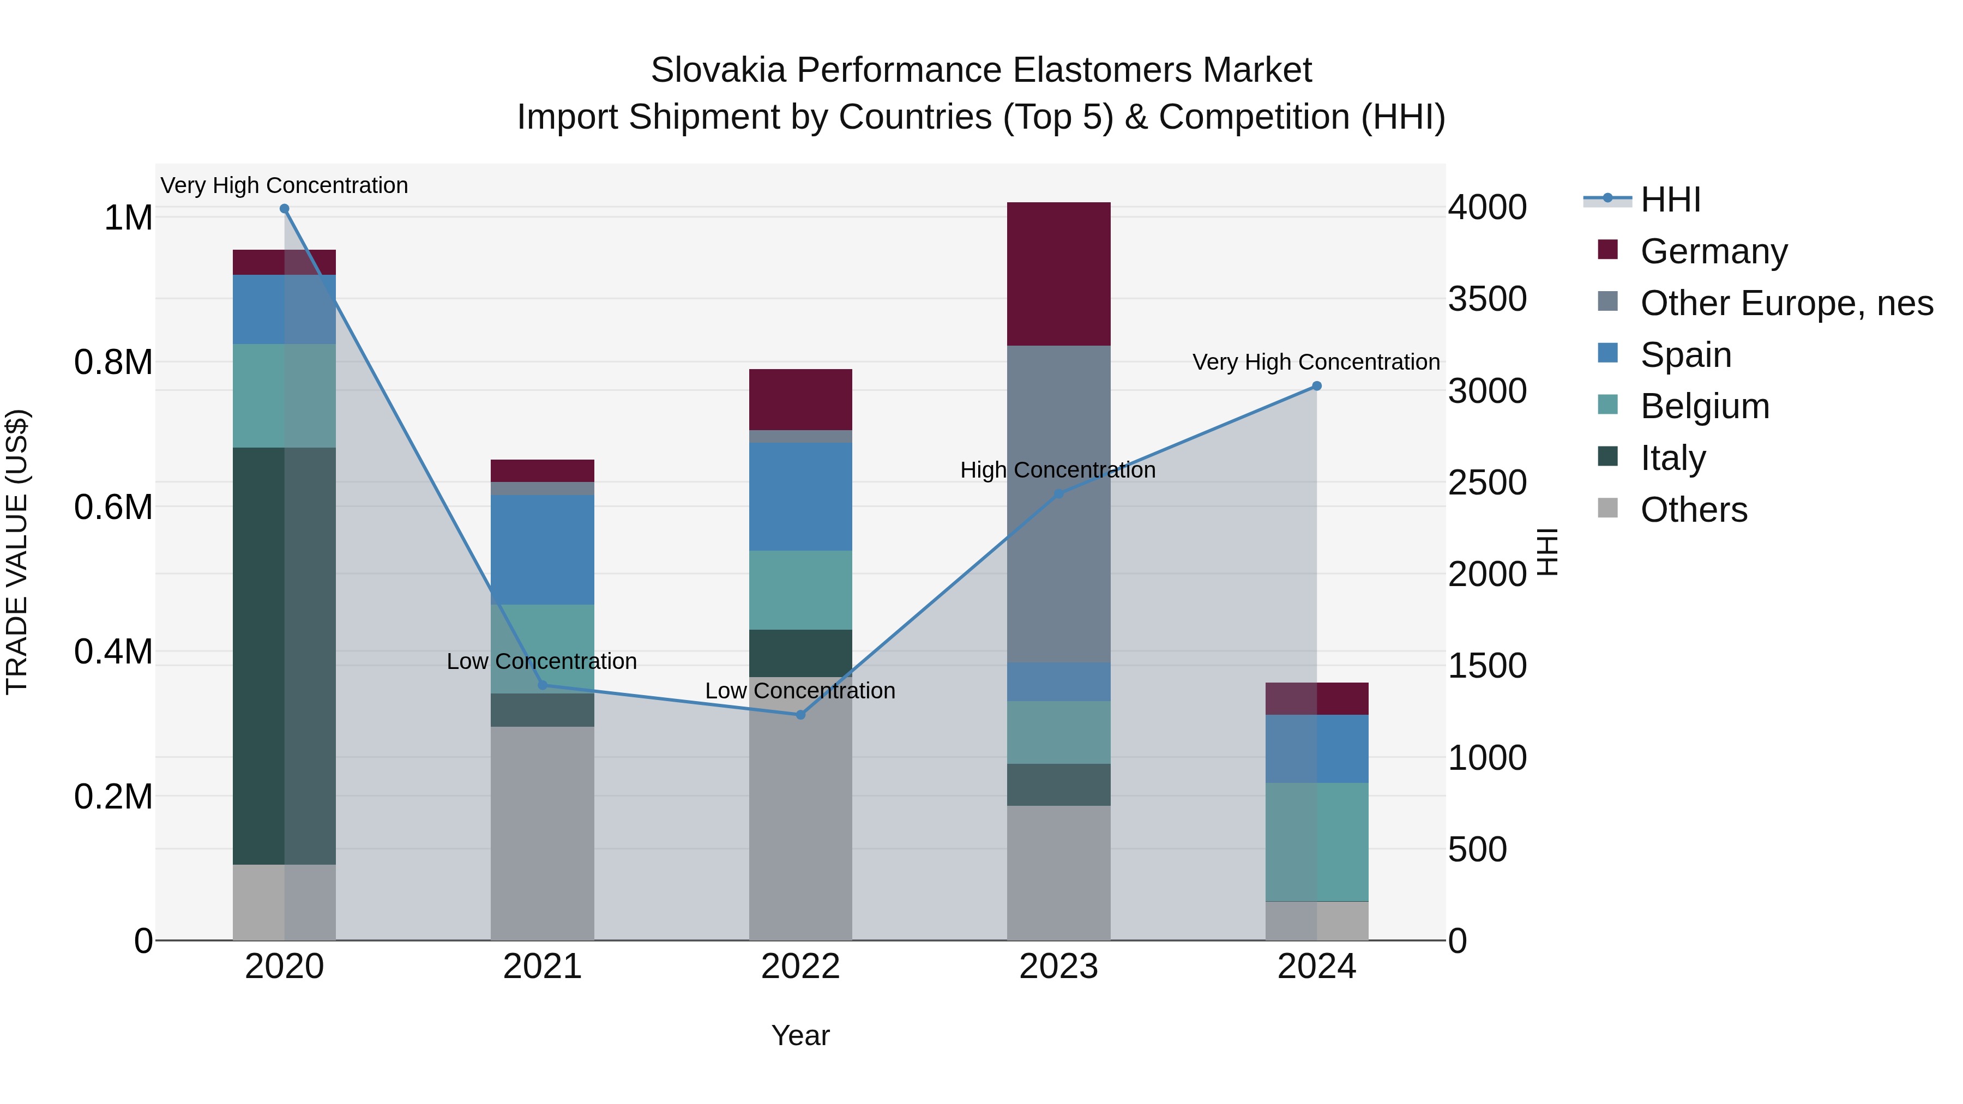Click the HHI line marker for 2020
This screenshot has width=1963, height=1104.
[284, 209]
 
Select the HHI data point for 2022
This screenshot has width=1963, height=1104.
[800, 715]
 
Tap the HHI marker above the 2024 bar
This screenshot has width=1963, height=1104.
[1316, 387]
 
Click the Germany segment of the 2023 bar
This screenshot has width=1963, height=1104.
[1058, 274]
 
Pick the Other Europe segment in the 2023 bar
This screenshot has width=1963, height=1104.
[1058, 503]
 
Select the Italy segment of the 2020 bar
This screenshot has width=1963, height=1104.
[284, 655]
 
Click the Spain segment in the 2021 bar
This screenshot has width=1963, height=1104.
[542, 550]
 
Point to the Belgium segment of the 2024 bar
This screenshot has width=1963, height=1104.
[1316, 842]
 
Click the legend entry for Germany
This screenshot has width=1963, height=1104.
[1713, 251]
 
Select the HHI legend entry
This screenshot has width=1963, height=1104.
[1670, 200]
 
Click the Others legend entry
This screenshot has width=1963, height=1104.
[1693, 510]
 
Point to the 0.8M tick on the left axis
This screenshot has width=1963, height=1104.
[113, 363]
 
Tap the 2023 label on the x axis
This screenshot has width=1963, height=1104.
[1058, 967]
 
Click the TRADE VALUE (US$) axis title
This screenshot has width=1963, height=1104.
[17, 552]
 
